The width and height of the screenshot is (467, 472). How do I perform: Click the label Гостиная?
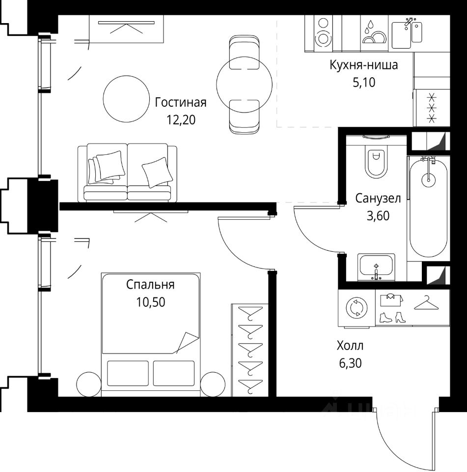click(181, 103)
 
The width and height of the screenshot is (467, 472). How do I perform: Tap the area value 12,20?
click(181, 120)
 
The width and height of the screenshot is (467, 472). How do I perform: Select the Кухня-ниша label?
click(363, 65)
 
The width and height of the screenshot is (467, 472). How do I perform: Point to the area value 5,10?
click(364, 82)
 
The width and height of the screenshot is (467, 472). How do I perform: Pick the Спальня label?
click(150, 285)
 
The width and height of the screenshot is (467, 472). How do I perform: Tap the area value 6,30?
click(350, 363)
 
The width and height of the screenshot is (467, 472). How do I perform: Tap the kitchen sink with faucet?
click(407, 32)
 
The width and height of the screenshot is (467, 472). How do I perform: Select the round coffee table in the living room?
click(126, 99)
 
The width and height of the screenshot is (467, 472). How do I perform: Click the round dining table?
click(244, 84)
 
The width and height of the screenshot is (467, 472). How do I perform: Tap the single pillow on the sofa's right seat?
click(157, 172)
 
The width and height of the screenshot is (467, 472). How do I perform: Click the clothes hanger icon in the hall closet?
click(426, 302)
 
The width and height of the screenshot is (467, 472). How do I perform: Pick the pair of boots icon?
click(392, 317)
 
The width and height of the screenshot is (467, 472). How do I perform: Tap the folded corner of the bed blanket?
click(187, 342)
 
